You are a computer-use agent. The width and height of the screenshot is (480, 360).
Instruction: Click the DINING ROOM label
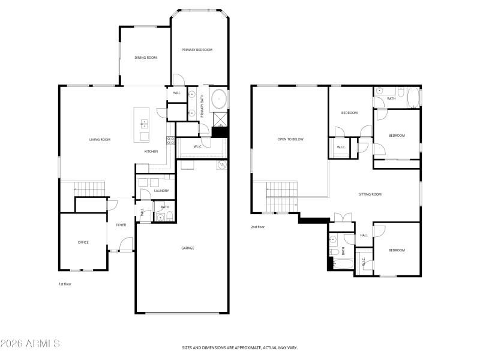coord(145,58)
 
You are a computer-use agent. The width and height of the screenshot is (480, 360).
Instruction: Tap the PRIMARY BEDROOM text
coord(197,50)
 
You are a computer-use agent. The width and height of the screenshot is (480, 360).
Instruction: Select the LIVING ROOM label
coord(100,140)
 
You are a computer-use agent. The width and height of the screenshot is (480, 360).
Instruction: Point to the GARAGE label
coord(188,248)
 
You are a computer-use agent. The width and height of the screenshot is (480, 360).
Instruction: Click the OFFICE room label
coord(83,242)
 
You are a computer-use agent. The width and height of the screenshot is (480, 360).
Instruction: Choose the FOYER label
coord(121,225)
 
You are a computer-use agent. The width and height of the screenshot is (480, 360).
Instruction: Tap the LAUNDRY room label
coord(161,191)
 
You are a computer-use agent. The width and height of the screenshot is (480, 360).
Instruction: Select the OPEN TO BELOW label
coord(290,139)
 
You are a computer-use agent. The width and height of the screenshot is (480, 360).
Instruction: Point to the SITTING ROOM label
coord(370,194)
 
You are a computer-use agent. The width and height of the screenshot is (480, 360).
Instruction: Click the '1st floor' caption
coord(65,284)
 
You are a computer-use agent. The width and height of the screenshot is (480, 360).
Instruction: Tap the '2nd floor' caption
coord(257,227)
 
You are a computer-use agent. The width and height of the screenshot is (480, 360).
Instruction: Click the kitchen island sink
coord(145,124)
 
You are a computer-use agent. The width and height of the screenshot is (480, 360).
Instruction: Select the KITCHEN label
coord(151,152)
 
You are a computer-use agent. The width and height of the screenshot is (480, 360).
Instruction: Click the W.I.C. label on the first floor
coord(197,146)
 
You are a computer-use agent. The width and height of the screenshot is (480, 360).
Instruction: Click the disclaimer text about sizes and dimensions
coord(240,347)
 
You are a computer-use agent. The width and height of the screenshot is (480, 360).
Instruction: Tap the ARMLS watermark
coord(30,344)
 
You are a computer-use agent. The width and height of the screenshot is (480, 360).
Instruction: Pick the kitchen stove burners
coord(170,141)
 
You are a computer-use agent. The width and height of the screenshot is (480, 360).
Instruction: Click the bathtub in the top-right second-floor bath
coord(413,97)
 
